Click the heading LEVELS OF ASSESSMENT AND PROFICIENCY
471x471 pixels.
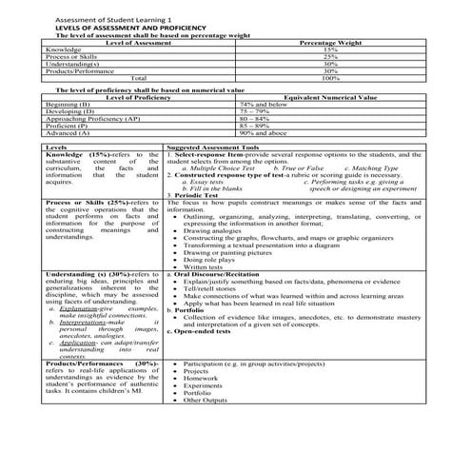point(104,29)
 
